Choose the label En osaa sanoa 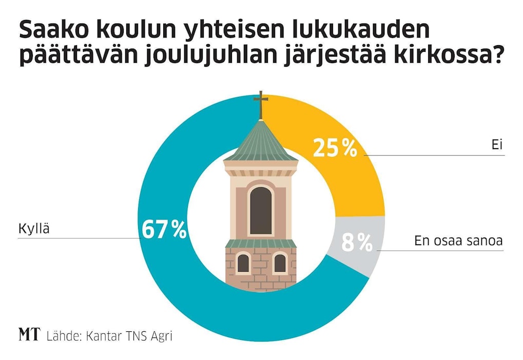pos(458,241)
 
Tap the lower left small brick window pos(243,263)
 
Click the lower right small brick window pos(280,263)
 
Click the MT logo pos(29,335)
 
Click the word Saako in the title pos(48,31)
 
